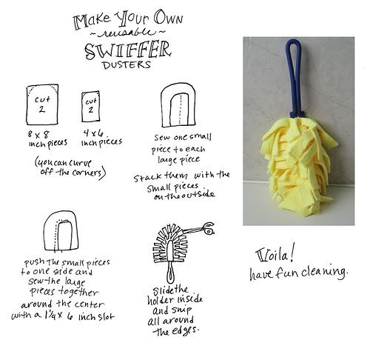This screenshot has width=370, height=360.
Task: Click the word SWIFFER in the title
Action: point(128,50)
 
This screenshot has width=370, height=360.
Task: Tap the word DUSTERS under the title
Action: point(127,65)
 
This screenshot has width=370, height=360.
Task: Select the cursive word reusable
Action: point(127,33)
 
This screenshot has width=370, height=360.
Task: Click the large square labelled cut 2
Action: point(42,104)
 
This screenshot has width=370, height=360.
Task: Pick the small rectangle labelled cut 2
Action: point(91,107)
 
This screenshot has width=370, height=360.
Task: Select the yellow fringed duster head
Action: point(299,167)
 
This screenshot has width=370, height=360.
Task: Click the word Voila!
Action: point(275,256)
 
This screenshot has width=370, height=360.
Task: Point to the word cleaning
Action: point(325,272)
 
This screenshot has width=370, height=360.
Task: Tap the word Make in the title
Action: point(92,21)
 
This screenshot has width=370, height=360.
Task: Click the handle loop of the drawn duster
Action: point(170,273)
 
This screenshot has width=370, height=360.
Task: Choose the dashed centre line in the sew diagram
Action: point(181,109)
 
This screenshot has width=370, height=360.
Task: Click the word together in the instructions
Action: point(78,293)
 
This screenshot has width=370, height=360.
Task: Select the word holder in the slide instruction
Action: point(161,300)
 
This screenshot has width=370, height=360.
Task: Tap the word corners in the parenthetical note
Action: point(87,173)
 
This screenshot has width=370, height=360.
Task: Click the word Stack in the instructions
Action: point(147,177)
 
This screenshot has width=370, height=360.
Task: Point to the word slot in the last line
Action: point(106,316)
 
